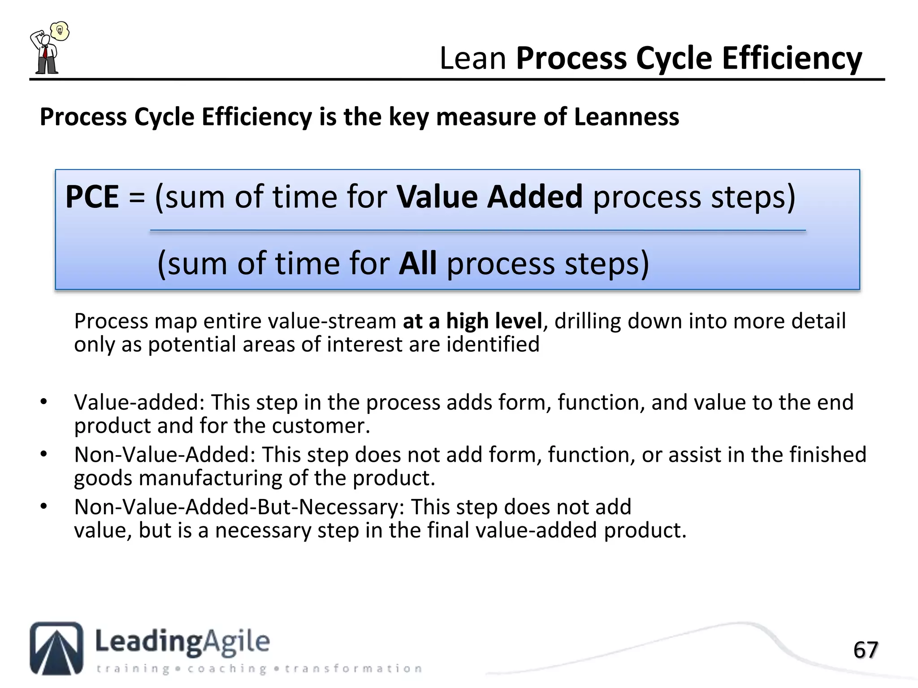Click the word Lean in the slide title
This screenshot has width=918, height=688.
(x=472, y=59)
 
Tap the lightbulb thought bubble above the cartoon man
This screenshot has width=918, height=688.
(x=60, y=31)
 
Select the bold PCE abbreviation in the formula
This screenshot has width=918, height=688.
(x=92, y=197)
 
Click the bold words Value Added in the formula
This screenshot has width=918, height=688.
(x=489, y=197)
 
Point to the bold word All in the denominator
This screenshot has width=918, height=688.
(x=417, y=263)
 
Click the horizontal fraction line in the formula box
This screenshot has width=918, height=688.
(x=477, y=231)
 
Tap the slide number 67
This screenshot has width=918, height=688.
(x=865, y=650)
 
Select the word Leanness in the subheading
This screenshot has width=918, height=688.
(x=626, y=117)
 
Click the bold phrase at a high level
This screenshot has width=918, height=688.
(x=472, y=321)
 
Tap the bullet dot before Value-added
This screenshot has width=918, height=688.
(x=43, y=402)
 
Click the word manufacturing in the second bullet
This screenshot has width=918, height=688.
(x=210, y=478)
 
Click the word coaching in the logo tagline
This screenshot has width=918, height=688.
(x=227, y=669)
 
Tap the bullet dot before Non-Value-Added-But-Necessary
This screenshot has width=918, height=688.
(x=43, y=507)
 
